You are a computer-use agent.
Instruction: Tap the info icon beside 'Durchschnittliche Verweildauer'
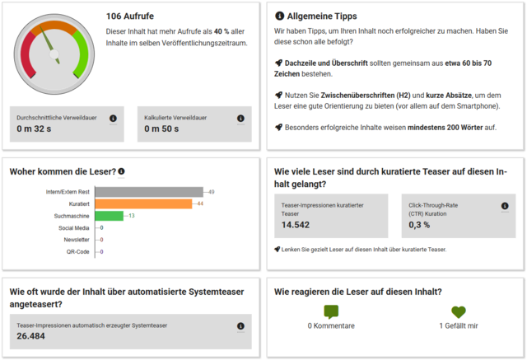pos(113,118)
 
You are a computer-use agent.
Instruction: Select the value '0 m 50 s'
pos(162,129)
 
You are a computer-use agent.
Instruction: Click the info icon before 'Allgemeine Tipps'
pos(280,16)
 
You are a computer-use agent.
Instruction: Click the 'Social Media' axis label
pos(74,227)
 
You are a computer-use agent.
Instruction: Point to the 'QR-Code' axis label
pos(79,251)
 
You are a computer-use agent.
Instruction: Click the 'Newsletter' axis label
pos(77,240)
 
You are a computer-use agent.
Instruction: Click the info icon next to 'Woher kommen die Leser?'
pos(122,172)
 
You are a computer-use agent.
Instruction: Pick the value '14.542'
pos(296,225)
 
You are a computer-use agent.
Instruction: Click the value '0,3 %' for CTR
pos(419,225)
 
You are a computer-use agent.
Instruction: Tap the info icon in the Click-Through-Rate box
pos(505,206)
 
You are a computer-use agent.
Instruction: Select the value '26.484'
pos(31,336)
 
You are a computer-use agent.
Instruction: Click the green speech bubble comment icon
pos(331,312)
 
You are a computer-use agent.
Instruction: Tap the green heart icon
pos(459,312)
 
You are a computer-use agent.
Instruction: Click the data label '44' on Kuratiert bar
pos(200,203)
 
